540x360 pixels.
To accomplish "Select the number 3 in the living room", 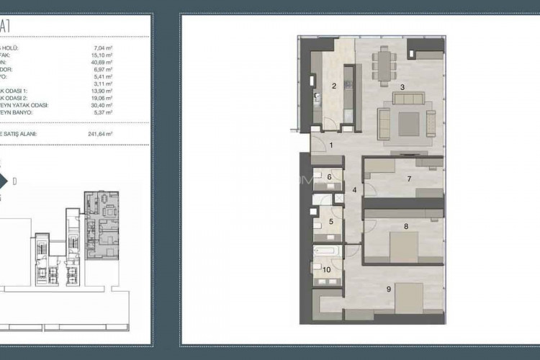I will (x=402, y=87).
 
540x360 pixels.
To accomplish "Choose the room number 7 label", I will (x=408, y=179).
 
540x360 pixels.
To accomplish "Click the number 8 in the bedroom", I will (x=406, y=226).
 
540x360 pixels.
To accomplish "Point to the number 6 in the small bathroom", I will (x=329, y=176).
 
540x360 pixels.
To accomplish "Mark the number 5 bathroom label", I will (x=330, y=221).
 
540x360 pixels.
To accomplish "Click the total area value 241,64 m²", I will (x=101, y=134).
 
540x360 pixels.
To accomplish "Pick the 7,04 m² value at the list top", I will (x=104, y=48).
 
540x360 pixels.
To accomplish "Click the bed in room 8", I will (x=409, y=240).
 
